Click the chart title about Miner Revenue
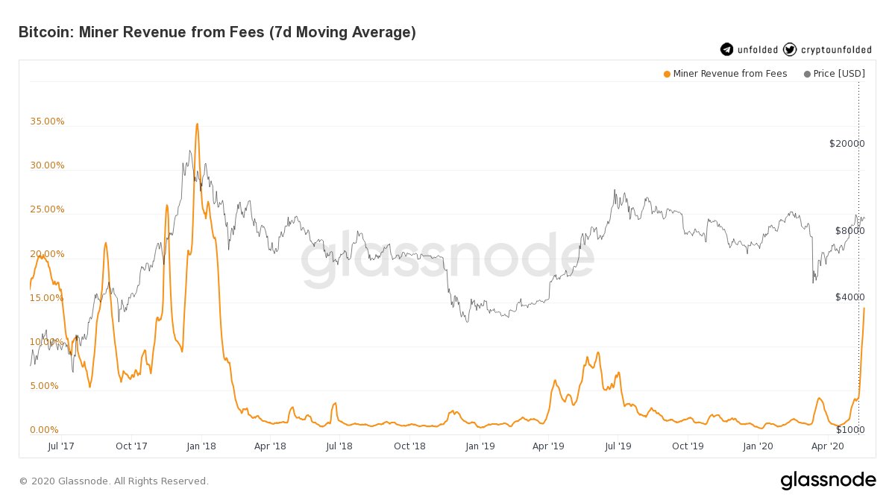[x=216, y=32]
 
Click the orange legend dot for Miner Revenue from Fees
[x=666, y=74]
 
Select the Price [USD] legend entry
[x=833, y=74]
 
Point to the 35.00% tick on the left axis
[x=47, y=121]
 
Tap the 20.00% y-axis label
[x=47, y=254]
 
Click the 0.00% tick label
[x=44, y=430]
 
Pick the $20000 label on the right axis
[x=847, y=143]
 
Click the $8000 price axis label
[x=849, y=231]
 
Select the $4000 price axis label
[x=849, y=297]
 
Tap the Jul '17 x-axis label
[x=60, y=446]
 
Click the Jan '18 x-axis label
[x=201, y=446]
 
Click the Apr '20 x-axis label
[x=827, y=446]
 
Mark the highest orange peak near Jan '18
[x=197, y=124]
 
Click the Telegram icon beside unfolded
[x=726, y=50]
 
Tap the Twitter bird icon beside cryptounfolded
[x=790, y=50]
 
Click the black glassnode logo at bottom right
[x=828, y=481]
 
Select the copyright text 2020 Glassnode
[x=113, y=481]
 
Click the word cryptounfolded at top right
[x=836, y=50]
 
